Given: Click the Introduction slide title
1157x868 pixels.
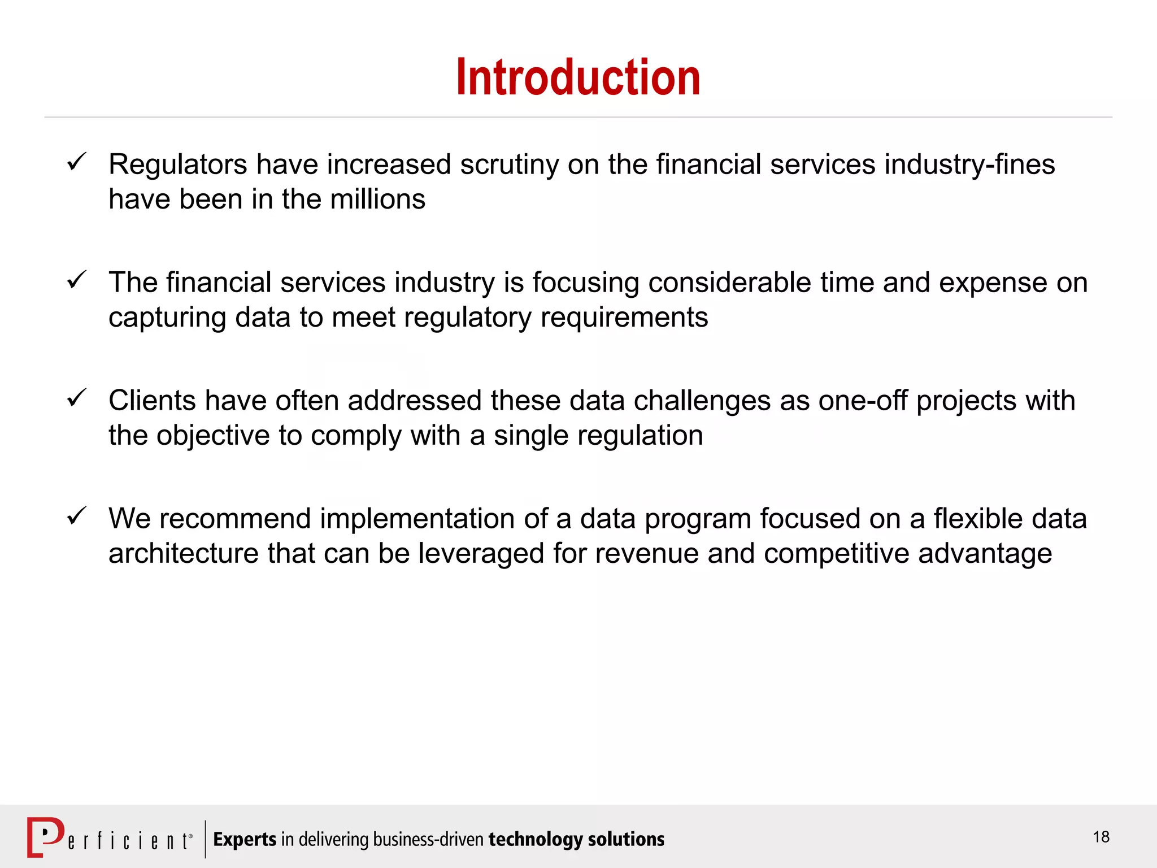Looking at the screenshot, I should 578,77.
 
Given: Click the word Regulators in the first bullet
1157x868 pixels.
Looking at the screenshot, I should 177,165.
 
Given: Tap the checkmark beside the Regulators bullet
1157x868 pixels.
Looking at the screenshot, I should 76,162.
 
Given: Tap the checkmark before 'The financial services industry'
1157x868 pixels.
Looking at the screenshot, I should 76,280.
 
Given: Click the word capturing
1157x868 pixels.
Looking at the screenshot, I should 167,318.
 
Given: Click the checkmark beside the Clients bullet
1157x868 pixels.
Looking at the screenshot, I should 76,398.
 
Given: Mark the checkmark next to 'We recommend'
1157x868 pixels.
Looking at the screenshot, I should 76,516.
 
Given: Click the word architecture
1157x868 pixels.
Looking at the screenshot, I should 183,553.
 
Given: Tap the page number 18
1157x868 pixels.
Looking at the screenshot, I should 1101,837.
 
